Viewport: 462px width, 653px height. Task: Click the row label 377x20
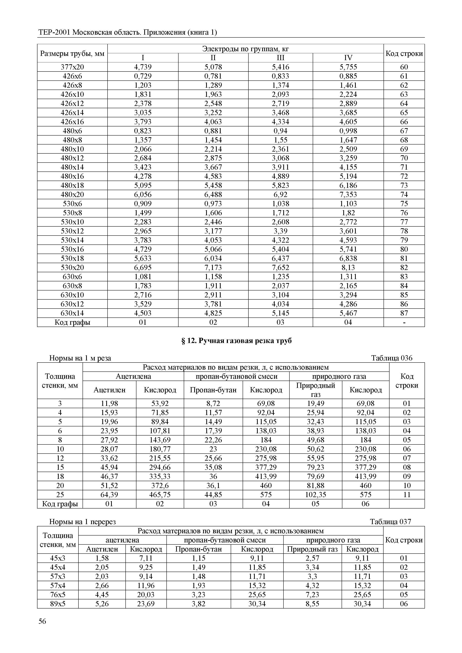[72, 67]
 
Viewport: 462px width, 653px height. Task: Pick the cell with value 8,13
[348, 268]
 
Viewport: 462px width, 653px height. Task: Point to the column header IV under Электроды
[348, 58]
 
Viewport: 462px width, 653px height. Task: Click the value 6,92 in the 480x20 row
[280, 195]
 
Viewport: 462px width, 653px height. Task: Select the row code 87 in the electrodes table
[404, 313]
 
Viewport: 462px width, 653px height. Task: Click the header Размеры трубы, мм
[72, 53]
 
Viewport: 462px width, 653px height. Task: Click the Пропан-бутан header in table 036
[213, 390]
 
